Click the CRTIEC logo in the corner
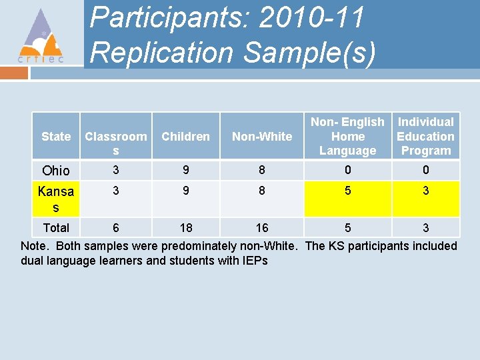[x=41, y=36]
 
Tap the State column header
[x=56, y=136]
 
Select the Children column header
[x=185, y=136]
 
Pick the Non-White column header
[x=262, y=136]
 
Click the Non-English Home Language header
[x=347, y=136]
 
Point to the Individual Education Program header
[x=425, y=136]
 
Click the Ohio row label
[x=55, y=171]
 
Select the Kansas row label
[x=56, y=199]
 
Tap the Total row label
[x=56, y=228]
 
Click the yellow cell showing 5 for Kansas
[x=347, y=191]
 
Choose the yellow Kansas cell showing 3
[x=425, y=191]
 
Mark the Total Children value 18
[x=185, y=228]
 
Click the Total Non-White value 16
[x=262, y=228]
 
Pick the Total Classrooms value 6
[x=116, y=228]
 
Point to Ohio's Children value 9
[x=185, y=169]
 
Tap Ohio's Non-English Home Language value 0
[x=347, y=169]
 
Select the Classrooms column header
[x=116, y=143]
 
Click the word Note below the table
[x=35, y=246]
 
